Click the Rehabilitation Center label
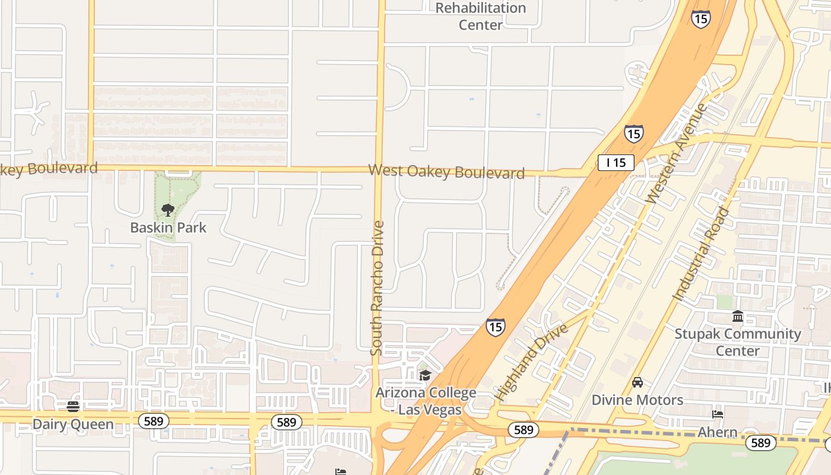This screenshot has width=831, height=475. (481, 16)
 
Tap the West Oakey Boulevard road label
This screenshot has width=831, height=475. (446, 172)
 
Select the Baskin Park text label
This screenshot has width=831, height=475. (168, 227)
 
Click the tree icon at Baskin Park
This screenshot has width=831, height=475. (168, 210)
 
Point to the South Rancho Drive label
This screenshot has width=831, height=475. (378, 288)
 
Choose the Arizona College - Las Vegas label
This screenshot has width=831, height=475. (426, 401)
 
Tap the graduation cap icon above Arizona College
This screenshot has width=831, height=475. (425, 375)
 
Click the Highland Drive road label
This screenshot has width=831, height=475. (531, 362)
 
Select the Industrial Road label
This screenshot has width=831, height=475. (701, 254)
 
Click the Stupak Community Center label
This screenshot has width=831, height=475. (737, 342)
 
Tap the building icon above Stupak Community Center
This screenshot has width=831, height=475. (738, 316)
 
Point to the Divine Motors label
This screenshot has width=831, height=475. (637, 400)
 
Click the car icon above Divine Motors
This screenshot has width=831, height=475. (637, 382)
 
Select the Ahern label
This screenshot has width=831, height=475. (717, 432)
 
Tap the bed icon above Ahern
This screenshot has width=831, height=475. (717, 414)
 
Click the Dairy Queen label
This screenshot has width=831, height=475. (73, 424)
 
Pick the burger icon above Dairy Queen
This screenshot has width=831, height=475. (73, 407)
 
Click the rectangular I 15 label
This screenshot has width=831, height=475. (616, 163)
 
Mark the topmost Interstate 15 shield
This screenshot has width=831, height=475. (700, 18)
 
